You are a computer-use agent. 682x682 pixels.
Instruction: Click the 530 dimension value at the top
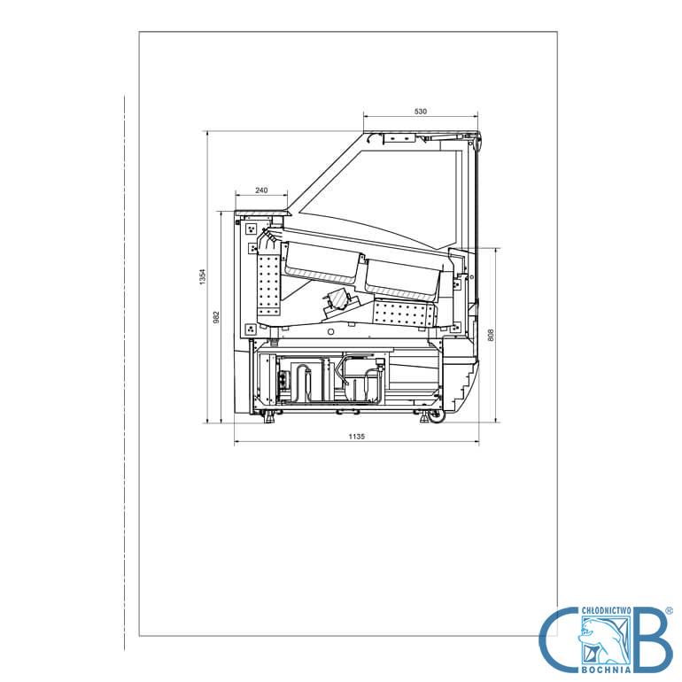(420, 112)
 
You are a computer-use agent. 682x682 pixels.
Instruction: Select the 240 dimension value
(261, 190)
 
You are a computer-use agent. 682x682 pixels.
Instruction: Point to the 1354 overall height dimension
(202, 276)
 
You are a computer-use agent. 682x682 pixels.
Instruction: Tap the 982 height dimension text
(217, 317)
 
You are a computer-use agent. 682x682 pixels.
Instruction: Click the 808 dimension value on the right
(491, 335)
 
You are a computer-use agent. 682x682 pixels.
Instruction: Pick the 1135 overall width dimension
(356, 437)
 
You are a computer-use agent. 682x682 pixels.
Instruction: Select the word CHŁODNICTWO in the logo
(607, 611)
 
